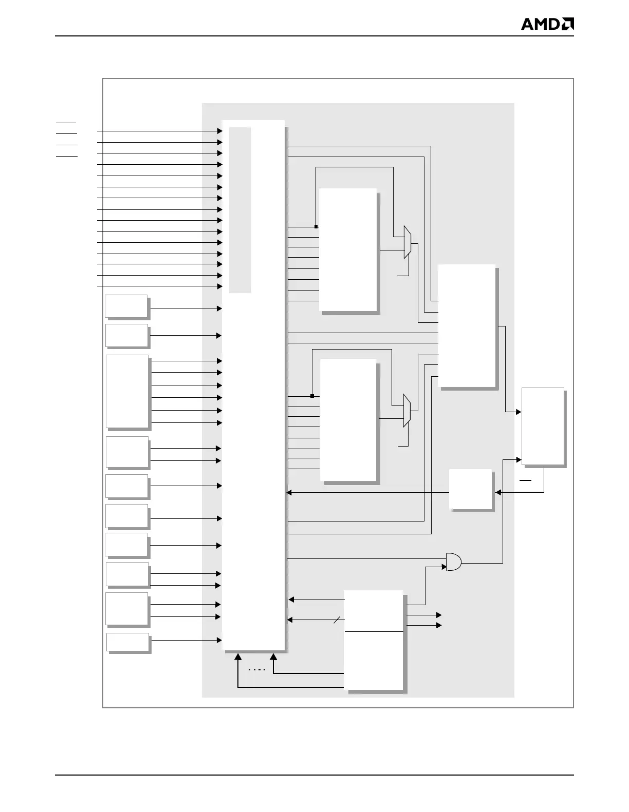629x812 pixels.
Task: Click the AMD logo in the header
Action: (547, 24)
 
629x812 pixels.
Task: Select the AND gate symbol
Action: (453, 563)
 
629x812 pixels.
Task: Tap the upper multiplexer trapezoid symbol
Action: (408, 242)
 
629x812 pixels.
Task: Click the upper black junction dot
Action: (316, 226)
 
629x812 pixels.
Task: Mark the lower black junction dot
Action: (312, 396)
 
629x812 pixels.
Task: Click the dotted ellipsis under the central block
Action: (256, 670)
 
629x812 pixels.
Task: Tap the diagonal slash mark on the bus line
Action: (337, 621)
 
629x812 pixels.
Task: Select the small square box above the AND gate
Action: (471, 489)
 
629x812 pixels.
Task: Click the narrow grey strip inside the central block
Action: (240, 210)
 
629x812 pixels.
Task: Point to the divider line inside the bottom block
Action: (374, 631)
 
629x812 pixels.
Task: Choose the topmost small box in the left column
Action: (126, 306)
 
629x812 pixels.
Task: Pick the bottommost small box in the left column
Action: (128, 642)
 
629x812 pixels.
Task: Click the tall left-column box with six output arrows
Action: (127, 391)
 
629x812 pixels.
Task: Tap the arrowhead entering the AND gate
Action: (443, 567)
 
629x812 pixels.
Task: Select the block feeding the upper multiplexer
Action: (348, 249)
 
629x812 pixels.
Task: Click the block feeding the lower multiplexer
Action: (348, 420)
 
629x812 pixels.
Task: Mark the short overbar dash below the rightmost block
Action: (526, 480)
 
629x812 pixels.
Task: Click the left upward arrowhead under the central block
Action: (238, 656)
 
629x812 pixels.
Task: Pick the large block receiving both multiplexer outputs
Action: (467, 326)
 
